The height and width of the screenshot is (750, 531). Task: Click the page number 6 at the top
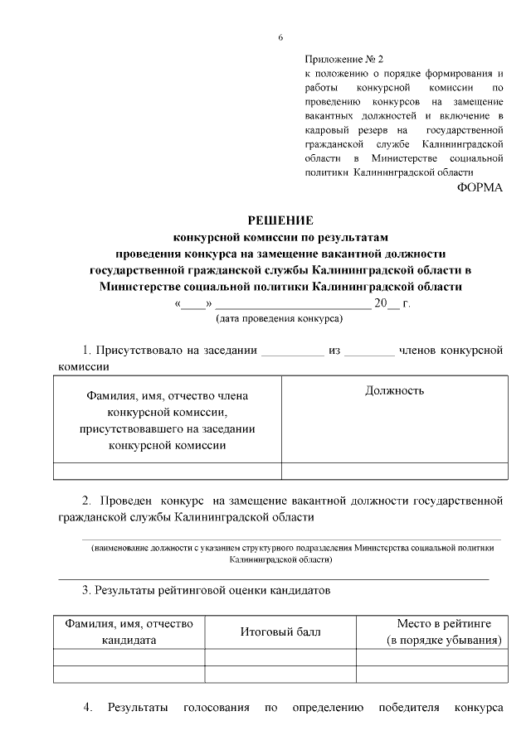point(280,37)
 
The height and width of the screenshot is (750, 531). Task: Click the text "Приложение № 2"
point(344,60)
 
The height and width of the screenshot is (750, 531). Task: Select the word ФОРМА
point(480,187)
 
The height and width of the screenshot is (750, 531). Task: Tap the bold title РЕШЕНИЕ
point(280,220)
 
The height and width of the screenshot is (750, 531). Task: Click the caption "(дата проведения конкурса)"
point(280,318)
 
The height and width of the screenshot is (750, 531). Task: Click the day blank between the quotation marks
point(192,304)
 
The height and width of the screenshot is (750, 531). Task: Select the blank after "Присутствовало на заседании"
point(292,351)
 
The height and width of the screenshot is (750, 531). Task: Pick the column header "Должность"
point(395,390)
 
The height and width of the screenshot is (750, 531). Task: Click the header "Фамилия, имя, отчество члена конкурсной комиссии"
point(168,420)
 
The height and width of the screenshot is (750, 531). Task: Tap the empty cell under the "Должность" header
point(395,471)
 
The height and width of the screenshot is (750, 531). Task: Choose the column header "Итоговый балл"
point(280,632)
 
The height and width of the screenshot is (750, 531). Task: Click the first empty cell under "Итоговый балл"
point(280,657)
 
